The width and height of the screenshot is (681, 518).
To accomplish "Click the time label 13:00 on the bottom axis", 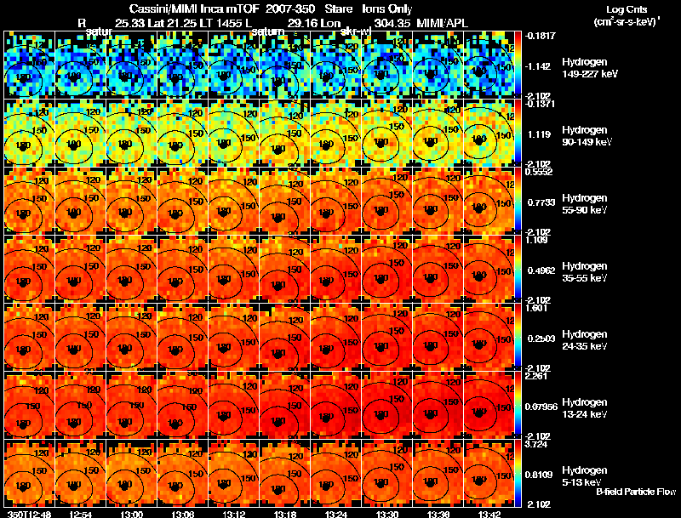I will (x=132, y=513).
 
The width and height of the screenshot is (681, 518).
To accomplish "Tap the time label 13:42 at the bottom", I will (x=489, y=513).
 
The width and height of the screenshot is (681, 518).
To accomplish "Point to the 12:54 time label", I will (x=80, y=513).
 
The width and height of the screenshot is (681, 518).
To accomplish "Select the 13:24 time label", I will (x=335, y=513).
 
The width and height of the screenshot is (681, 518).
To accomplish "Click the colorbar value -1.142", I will (x=539, y=65).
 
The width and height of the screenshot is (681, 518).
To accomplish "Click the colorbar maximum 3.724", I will (x=537, y=444).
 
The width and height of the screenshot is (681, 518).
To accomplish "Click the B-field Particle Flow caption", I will (x=635, y=492).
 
